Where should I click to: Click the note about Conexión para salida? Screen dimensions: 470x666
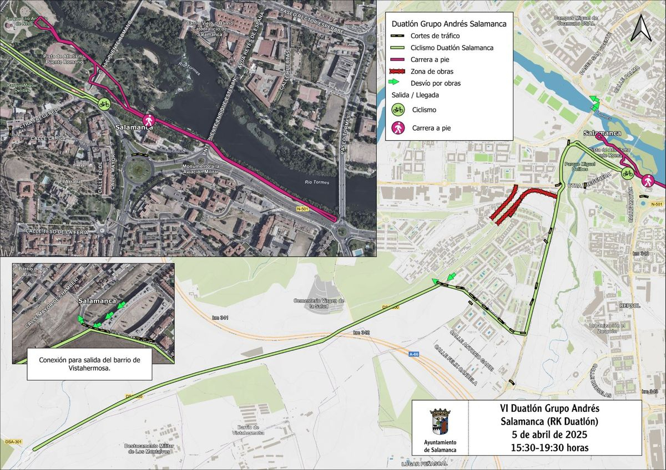tap(89, 364)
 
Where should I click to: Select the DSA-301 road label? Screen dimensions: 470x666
tap(11, 442)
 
